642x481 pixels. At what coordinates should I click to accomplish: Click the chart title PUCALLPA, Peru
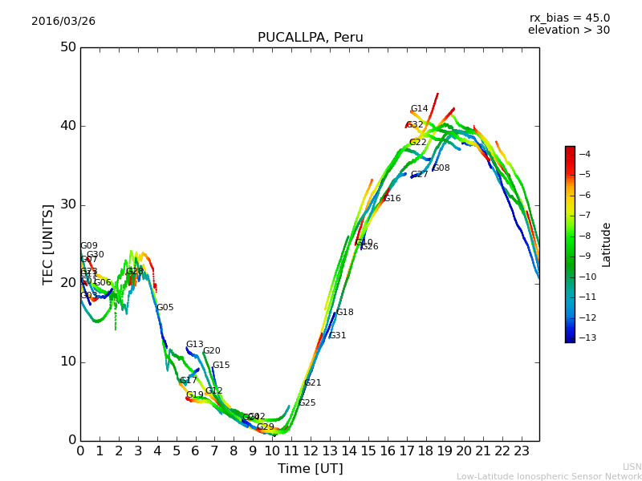tap(310, 38)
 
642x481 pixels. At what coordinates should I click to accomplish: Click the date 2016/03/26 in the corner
tap(63, 22)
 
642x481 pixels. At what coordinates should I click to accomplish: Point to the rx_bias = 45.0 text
tap(569, 18)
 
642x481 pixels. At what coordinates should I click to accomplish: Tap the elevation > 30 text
tap(568, 30)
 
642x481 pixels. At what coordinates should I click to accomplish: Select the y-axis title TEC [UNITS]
tap(48, 244)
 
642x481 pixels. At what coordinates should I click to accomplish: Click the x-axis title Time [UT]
tap(310, 469)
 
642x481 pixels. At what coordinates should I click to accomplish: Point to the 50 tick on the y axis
tap(67, 47)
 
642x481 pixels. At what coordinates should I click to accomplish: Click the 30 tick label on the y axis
tap(67, 204)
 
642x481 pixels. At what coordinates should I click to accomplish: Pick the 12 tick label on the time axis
tap(311, 451)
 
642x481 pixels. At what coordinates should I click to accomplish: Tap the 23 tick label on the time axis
tap(522, 451)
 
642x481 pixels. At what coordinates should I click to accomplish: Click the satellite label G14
tap(419, 109)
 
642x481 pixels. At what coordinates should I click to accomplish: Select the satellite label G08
tap(441, 168)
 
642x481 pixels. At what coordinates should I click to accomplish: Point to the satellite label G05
tap(165, 308)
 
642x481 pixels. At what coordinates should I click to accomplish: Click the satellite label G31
tap(337, 336)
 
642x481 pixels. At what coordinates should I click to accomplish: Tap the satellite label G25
tap(307, 403)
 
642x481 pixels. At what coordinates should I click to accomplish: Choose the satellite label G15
tap(221, 366)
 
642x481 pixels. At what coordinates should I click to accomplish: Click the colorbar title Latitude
tap(607, 245)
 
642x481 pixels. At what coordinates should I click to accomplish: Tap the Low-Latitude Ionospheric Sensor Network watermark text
tap(549, 476)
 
